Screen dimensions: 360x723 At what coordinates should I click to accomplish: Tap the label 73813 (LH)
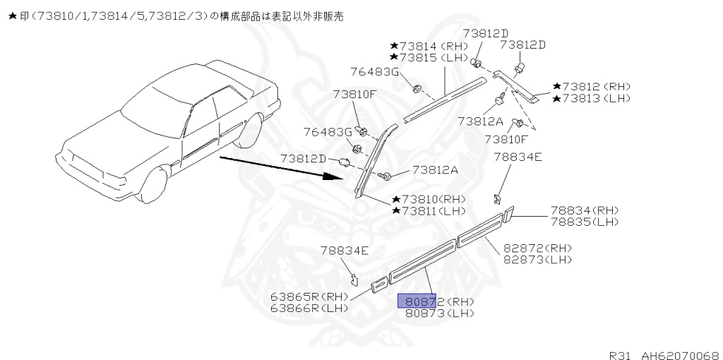592,98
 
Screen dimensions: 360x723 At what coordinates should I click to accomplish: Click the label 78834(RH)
584,210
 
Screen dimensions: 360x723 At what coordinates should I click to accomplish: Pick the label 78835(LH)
584,222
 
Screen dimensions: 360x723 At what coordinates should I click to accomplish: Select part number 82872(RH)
537,248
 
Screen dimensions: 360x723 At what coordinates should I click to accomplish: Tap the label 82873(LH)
537,260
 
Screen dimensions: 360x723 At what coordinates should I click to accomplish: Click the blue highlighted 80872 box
417,301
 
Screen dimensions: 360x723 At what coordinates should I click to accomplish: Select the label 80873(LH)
440,313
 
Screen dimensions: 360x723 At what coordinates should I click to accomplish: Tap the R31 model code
621,354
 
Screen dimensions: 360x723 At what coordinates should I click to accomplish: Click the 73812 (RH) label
592,87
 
